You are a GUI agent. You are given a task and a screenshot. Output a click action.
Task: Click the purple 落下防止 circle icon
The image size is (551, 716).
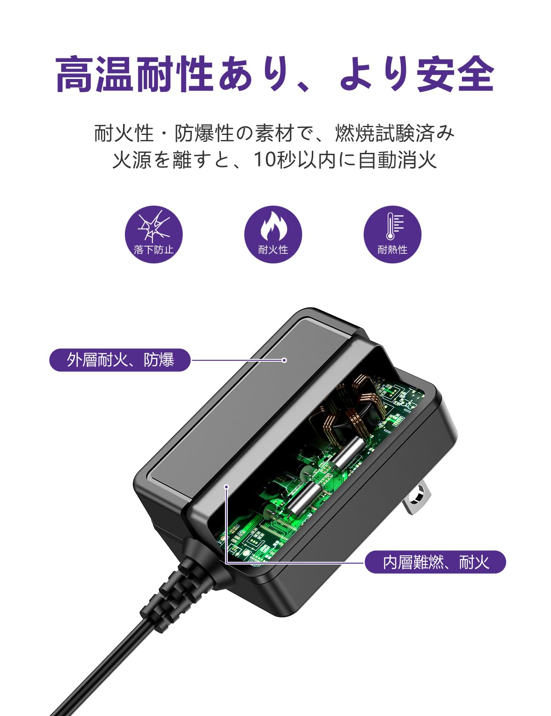pyautogui.click(x=154, y=235)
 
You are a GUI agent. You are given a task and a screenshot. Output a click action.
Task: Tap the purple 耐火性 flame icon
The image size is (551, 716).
pyautogui.click(x=273, y=235)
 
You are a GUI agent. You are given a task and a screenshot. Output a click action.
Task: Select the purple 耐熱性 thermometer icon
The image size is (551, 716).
pyautogui.click(x=392, y=235)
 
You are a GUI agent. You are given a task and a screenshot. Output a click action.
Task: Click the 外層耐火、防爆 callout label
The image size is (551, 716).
pyautogui.click(x=120, y=360)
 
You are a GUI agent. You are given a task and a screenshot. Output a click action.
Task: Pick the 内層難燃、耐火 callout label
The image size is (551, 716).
pyautogui.click(x=435, y=562)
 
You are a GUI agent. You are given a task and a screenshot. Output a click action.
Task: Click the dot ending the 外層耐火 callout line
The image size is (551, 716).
pyautogui.click(x=284, y=360)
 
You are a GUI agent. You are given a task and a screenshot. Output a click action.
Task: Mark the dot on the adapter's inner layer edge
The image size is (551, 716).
pyautogui.click(x=226, y=487)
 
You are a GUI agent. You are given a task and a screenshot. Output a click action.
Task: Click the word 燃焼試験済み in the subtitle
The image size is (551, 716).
pyautogui.click(x=395, y=133)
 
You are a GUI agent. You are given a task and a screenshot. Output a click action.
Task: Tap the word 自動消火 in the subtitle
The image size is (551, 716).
pyautogui.click(x=397, y=160)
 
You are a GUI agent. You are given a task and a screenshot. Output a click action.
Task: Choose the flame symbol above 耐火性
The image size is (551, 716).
pyautogui.click(x=273, y=226)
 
